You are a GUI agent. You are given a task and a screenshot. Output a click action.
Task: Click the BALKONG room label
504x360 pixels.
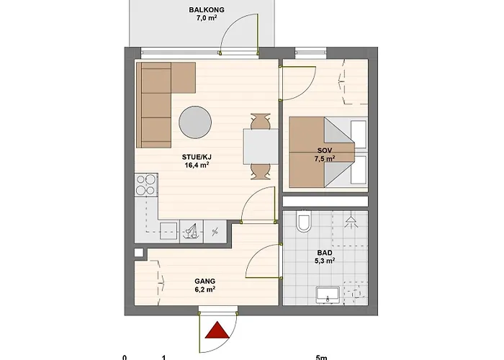coord(207,10)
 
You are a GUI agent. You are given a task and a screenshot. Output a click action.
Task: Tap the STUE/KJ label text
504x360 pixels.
coord(197,157)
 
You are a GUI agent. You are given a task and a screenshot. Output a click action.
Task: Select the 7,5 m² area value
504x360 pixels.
coord(325,158)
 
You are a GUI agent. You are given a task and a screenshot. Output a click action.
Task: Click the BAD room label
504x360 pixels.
coord(325,253)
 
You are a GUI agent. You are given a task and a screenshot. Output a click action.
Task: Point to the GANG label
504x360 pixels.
coord(204,282)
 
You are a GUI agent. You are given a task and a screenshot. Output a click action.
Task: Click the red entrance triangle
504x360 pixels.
coord(217,330)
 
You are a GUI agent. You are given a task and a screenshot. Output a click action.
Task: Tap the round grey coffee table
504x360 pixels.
coord(195,122)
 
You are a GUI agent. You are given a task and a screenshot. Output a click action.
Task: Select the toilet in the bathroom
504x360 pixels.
coord(303,221)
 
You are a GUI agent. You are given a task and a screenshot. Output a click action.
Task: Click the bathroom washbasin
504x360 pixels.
coord(328,295)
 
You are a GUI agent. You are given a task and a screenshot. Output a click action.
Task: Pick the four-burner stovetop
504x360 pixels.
coord(146,185)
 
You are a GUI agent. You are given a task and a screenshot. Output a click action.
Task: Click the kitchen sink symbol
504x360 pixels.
coord(192,231)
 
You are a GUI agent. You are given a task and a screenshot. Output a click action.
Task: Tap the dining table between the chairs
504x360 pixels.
coord(261,147)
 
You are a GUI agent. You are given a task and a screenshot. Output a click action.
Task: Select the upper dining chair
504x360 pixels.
coord(261,121)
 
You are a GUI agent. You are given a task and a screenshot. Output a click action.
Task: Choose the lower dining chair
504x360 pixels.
coord(261,171)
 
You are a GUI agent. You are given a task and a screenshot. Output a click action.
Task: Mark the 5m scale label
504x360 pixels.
coord(321,357)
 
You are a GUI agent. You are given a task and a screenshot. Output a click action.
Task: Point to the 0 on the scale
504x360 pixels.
coord(125,357)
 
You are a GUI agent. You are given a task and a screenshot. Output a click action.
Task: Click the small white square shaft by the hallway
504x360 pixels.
coord(138,253)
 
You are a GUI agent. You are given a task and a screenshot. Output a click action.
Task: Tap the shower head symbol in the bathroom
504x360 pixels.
coord(351,222)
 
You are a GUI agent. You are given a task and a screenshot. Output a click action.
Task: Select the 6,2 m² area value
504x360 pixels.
coord(204,289)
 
